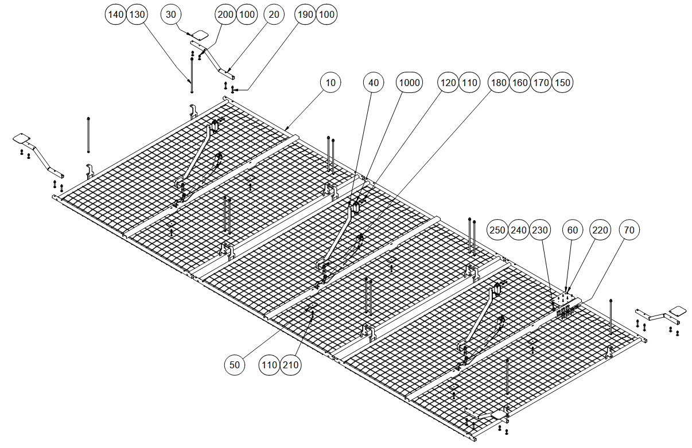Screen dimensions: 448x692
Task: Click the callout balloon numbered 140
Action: pyautogui.click(x=116, y=14)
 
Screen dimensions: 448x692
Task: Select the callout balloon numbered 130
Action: pyautogui.click(x=137, y=14)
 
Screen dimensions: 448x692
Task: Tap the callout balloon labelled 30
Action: pyautogui.click(x=171, y=14)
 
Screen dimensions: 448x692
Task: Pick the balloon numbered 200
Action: pyautogui.click(x=226, y=14)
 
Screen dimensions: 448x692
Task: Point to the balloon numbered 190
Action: pyautogui.click(x=305, y=14)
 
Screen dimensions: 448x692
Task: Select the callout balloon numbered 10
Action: pyautogui.click(x=331, y=83)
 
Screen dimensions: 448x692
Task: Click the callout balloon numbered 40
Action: pyautogui.click(x=374, y=83)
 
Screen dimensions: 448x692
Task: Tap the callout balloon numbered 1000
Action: pyautogui.click(x=409, y=83)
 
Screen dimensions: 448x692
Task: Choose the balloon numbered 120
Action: pyautogui.click(x=448, y=83)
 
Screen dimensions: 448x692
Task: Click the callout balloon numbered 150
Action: pyautogui.click(x=562, y=83)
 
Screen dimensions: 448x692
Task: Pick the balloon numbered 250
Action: pyautogui.click(x=497, y=230)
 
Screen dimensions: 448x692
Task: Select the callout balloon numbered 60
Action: pyautogui.click(x=572, y=230)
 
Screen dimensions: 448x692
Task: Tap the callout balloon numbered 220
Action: pyautogui.click(x=600, y=230)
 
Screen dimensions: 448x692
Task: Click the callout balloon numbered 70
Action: pyautogui.click(x=629, y=230)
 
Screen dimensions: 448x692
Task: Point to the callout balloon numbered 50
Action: pyautogui.click(x=235, y=364)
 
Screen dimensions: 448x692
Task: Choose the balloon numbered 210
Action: pyautogui.click(x=291, y=364)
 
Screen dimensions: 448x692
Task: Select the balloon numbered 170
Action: pyautogui.click(x=541, y=83)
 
